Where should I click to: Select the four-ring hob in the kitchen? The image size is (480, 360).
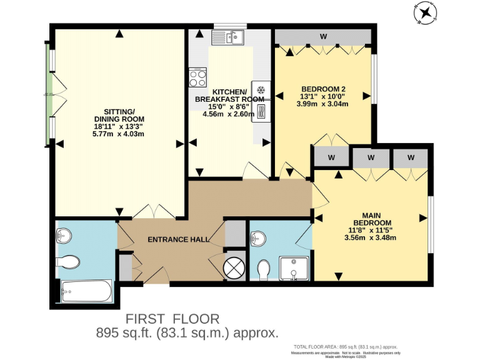coord(198,79)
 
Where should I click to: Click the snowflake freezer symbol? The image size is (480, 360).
coord(261,90)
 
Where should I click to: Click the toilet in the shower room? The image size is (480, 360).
coord(264,269)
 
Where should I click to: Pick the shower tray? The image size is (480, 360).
coord(294,268)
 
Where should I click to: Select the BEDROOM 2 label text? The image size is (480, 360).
coord(323,88)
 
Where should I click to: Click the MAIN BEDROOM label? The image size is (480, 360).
coord(373,219)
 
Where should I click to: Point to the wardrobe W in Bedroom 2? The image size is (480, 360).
coord(324,36)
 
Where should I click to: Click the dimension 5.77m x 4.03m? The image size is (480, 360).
coord(119,134)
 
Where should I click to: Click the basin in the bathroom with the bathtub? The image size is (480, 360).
coord(64,236)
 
